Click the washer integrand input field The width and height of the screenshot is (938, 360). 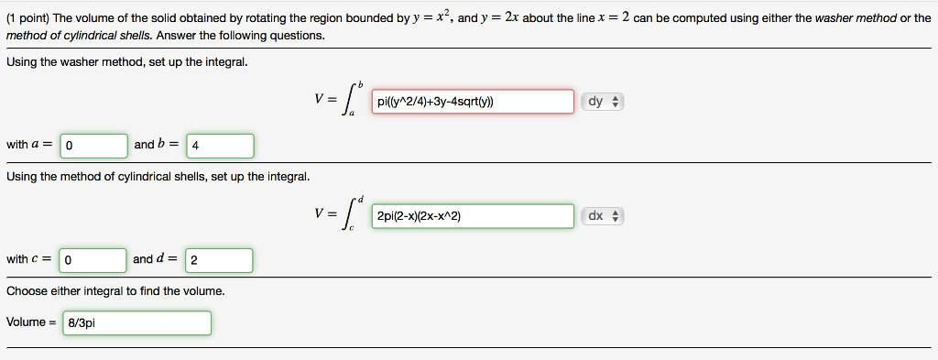pos(473,103)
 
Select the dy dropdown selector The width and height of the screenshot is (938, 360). pos(602,103)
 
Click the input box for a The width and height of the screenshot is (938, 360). pos(93,146)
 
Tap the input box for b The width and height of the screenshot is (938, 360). pos(220,146)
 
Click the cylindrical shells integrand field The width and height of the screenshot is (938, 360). pos(473,216)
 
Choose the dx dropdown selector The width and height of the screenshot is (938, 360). pos(602,216)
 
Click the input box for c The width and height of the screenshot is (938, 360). pos(93,260)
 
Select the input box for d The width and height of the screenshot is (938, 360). pos(219,260)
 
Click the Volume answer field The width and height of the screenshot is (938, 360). pos(137,323)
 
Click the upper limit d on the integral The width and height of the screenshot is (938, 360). pos(361,198)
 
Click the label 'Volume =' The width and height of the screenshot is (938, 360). pos(31,322)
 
